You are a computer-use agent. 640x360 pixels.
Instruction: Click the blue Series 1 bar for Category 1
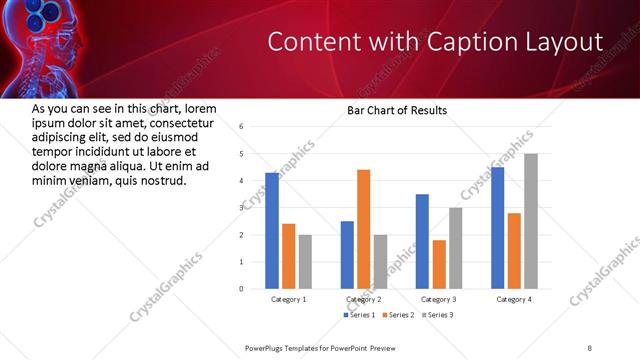tap(272, 231)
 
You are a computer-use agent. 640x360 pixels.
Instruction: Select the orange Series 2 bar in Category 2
tap(363, 229)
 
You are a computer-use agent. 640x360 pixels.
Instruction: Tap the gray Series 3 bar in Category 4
tap(531, 221)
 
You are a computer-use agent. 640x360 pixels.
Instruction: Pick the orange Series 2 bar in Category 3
tap(439, 264)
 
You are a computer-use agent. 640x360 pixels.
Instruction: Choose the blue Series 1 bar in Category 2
tap(346, 255)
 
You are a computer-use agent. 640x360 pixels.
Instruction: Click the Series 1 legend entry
tap(360, 315)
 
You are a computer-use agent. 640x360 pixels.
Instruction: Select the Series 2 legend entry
tap(397, 315)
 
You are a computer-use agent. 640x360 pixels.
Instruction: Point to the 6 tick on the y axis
tap(241, 127)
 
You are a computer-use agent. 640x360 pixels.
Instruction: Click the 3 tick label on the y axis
tap(241, 208)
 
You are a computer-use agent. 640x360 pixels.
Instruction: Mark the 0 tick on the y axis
tap(241, 289)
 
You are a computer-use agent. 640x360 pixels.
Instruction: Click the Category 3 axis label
tap(439, 299)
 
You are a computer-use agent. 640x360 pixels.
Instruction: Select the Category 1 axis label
tap(289, 299)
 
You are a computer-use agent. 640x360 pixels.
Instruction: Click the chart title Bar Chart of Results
tap(396, 110)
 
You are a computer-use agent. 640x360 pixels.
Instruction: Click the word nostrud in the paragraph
tap(162, 181)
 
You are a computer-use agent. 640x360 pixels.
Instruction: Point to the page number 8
tap(589, 347)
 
